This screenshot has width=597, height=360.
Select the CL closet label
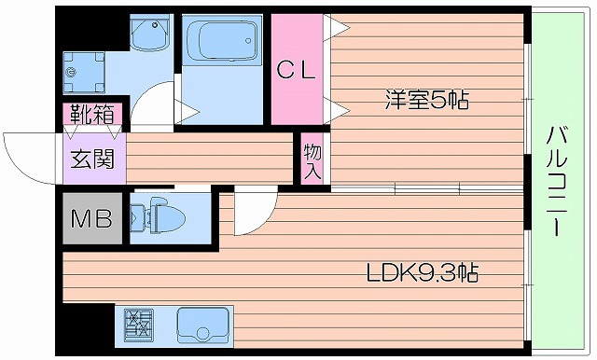click(x=298, y=69)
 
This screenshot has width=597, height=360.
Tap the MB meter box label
click(x=92, y=219)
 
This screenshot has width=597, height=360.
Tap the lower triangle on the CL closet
click(x=330, y=109)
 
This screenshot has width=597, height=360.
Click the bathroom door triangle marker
click(x=189, y=113)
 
